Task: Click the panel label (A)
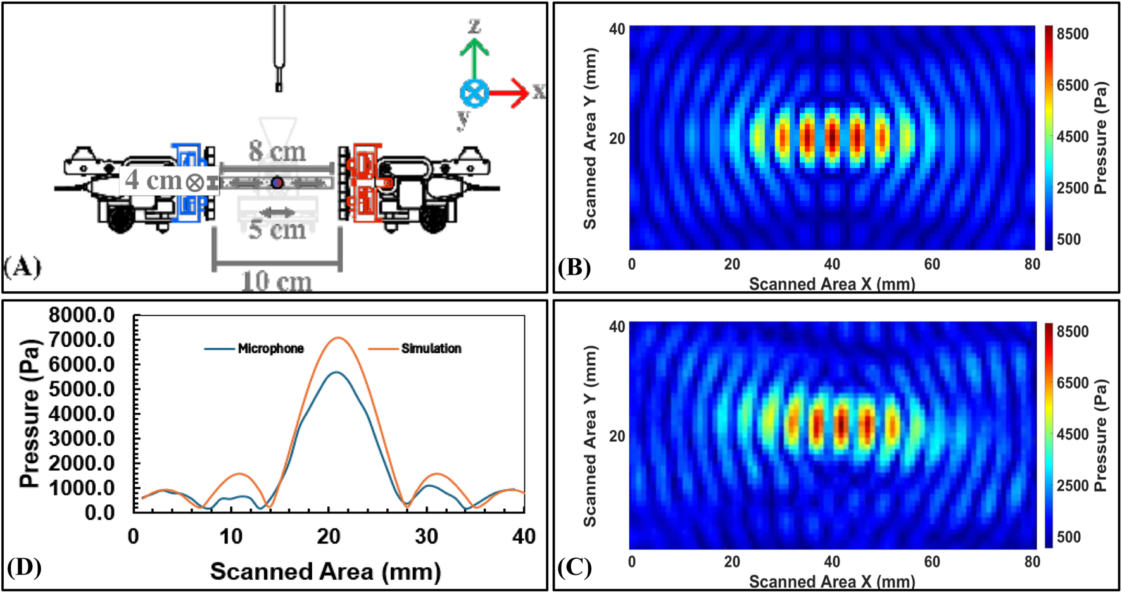point(23,267)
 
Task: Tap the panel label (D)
point(23,567)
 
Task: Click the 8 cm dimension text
point(277,152)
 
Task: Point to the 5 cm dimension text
point(277,229)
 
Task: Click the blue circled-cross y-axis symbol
point(474,94)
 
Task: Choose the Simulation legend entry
point(415,349)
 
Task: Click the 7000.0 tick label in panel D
point(82,340)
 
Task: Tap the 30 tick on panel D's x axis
point(427,537)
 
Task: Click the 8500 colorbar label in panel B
point(1073,34)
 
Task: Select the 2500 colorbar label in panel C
point(1073,485)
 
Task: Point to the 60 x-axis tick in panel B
point(932,264)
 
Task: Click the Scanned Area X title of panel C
point(832,582)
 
